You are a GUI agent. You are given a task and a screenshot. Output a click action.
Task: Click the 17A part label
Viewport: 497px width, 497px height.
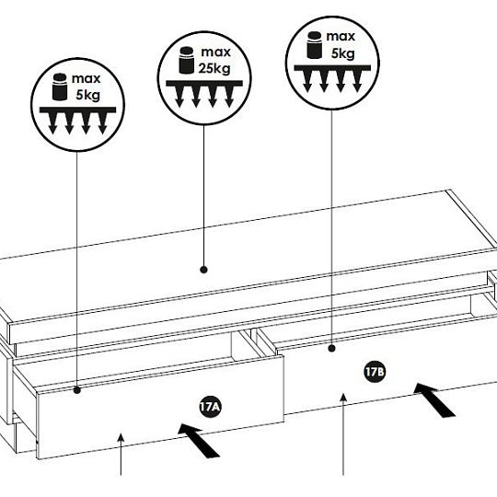[210, 407]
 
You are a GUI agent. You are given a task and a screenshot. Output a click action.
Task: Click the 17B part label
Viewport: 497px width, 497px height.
[375, 372]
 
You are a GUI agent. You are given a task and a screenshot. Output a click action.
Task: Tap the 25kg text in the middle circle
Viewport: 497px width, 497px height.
[214, 68]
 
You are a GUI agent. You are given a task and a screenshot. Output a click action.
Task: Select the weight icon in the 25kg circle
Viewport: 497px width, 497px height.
[186, 60]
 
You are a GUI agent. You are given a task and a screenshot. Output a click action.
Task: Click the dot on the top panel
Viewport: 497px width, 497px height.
[203, 270]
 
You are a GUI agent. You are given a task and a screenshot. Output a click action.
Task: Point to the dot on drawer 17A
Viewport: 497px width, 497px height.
[77, 390]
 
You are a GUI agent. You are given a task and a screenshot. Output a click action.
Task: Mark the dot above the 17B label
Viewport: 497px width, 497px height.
[332, 348]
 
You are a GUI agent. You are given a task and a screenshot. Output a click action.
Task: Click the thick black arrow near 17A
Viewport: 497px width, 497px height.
[199, 440]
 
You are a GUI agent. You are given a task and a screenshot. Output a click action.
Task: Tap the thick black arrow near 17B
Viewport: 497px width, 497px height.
[434, 399]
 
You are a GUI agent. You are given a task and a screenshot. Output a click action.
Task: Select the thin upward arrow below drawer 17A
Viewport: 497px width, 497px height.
[121, 455]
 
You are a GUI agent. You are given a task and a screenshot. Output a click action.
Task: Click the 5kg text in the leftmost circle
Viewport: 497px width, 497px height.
[87, 95]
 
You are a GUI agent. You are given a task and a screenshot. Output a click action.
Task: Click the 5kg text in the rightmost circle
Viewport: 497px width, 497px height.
[342, 53]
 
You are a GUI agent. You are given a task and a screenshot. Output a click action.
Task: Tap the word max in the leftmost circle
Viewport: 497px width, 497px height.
[87, 78]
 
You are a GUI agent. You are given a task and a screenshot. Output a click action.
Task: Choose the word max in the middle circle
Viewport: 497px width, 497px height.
[216, 52]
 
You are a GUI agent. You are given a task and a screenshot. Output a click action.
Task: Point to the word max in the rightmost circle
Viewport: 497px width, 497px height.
[341, 37]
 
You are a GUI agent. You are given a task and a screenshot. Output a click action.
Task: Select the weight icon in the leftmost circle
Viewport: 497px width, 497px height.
[60, 87]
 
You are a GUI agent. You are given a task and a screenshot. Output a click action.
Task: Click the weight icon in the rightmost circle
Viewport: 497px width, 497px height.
[315, 45]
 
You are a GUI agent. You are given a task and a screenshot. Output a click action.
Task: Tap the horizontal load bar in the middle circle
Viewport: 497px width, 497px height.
[204, 84]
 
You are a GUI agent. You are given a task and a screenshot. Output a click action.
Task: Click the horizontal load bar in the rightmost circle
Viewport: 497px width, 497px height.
[332, 68]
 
